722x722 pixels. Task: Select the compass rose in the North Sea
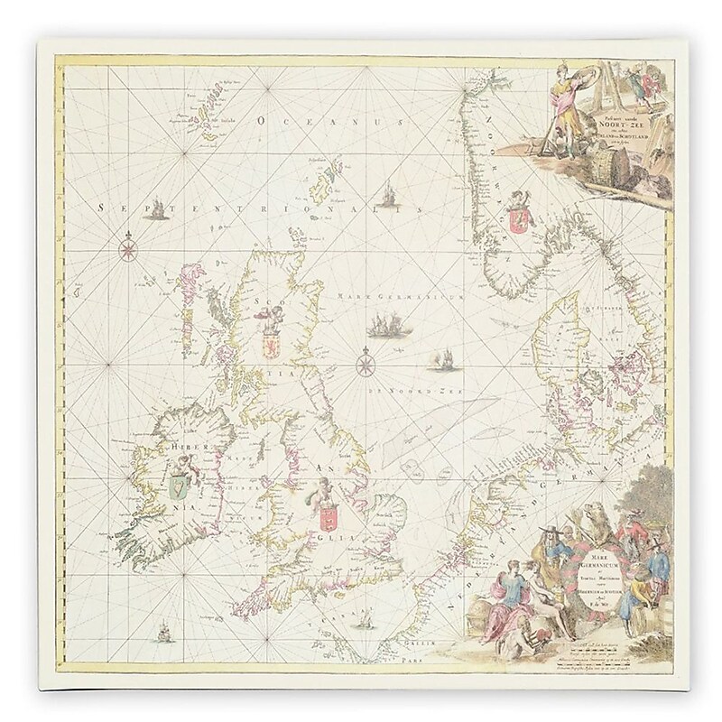[366, 365]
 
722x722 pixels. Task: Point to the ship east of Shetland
[388, 196]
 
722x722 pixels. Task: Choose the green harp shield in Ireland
[176, 488]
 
